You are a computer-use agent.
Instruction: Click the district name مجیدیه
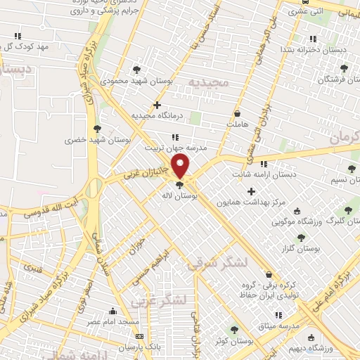(208, 83)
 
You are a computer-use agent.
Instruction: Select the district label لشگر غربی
(160, 301)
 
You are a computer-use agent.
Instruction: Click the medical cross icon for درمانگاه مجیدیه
(167, 105)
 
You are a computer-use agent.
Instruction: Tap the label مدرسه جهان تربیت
(172, 148)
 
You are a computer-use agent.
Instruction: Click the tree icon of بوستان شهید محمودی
(136, 70)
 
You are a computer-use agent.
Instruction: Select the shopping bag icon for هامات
(236, 113)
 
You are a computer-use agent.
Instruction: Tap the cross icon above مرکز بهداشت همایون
(251, 191)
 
